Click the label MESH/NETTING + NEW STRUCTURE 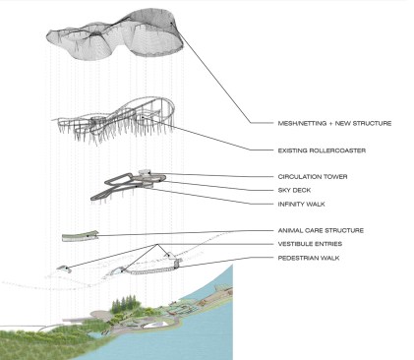tap(334, 123)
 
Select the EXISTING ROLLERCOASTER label tap(322, 150)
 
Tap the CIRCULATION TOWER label tap(313, 177)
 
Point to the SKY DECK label tap(294, 190)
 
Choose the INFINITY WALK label tap(302, 204)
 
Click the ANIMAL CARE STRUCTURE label tap(321, 230)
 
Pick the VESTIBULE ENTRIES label tap(310, 244)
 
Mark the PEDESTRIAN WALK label tap(309, 258)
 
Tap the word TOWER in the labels tap(335, 177)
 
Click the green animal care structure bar tap(81, 236)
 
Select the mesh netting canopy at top tap(115, 34)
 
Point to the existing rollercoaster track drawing tap(115, 120)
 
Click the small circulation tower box tap(146, 172)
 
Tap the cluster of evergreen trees tap(124, 304)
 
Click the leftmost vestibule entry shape tap(64, 268)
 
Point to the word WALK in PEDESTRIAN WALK tap(329, 258)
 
